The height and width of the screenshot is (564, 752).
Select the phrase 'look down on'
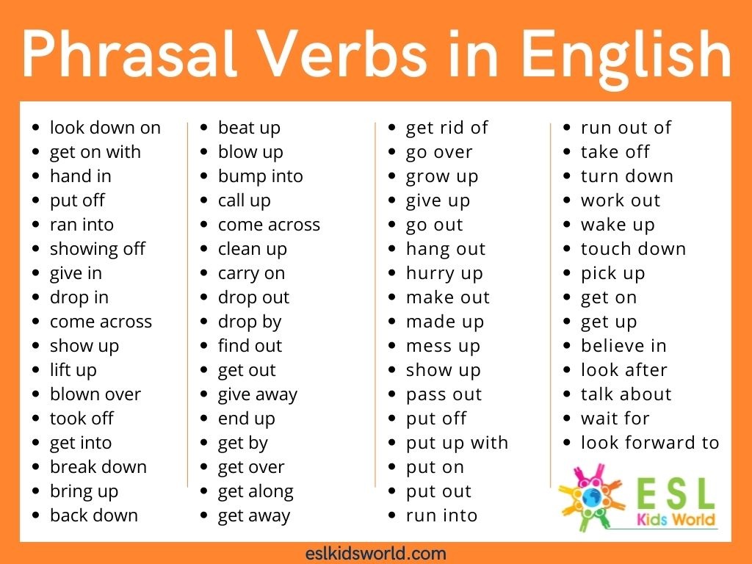(105, 128)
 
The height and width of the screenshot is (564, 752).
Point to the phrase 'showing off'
(98, 249)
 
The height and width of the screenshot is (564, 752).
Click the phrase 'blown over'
(95, 394)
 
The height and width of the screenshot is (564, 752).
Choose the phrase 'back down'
(94, 516)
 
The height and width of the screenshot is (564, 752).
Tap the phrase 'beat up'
(249, 128)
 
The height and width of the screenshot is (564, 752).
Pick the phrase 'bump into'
(260, 176)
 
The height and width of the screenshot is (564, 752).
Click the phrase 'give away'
(257, 394)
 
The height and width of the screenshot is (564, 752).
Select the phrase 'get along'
(256, 491)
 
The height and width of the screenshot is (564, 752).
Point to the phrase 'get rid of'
(446, 128)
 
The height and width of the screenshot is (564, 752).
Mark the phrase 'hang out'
(446, 249)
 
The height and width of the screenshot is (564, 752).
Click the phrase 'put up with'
(457, 443)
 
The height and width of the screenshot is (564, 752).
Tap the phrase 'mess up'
(443, 346)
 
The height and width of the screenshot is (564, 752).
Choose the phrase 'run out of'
(626, 128)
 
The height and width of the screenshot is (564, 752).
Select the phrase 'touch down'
(633, 249)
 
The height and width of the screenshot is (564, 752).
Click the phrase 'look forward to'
(650, 443)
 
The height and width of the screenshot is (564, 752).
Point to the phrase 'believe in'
(623, 346)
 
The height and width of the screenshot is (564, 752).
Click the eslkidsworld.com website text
(375, 553)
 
